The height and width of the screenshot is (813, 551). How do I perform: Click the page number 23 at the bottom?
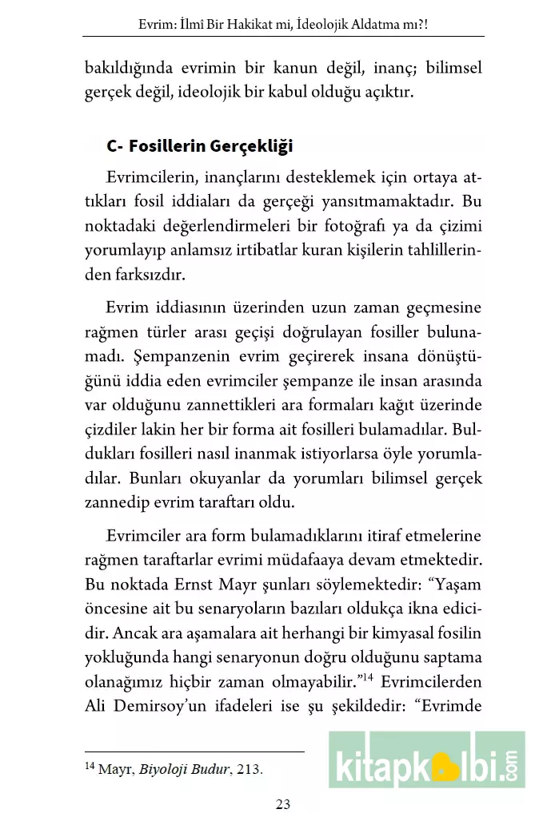281,803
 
